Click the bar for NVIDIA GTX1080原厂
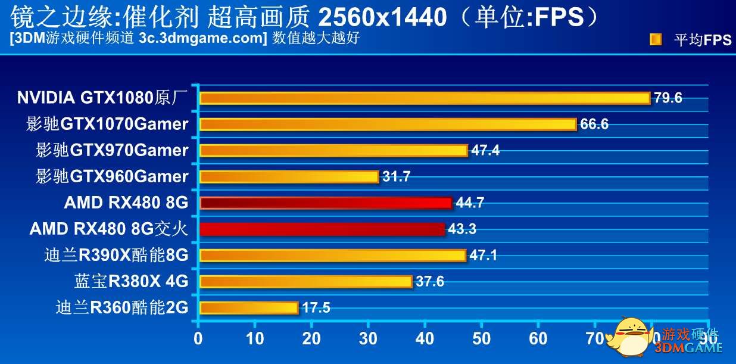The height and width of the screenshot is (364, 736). (424, 98)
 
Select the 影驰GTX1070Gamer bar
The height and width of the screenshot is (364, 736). (388, 125)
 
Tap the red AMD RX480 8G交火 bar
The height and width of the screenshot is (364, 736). (322, 229)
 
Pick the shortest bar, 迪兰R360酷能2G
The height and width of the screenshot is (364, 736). (248, 308)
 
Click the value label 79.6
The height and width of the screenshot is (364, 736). (668, 98)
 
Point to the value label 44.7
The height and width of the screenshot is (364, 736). (470, 203)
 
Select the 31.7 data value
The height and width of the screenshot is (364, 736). (396, 177)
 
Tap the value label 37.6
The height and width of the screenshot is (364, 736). (429, 282)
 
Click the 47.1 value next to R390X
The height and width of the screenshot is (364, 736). (483, 256)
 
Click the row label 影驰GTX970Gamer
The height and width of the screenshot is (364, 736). (112, 150)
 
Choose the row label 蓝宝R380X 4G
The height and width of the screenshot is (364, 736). (131, 281)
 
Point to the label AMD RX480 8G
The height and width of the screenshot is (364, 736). (126, 203)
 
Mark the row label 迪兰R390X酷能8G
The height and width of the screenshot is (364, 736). (116, 256)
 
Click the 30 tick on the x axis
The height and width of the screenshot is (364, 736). (368, 338)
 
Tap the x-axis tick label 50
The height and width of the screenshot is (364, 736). (481, 338)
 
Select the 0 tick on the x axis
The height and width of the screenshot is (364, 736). (198, 338)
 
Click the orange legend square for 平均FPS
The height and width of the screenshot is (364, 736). (656, 40)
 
